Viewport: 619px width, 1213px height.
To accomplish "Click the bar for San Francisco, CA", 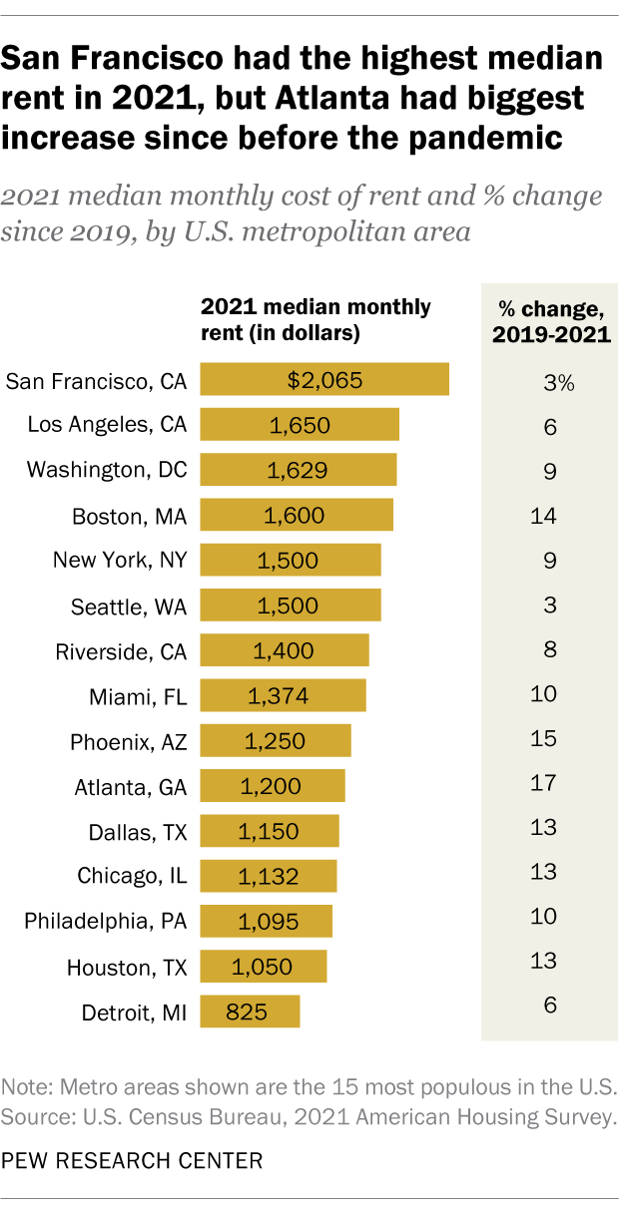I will [x=324, y=380].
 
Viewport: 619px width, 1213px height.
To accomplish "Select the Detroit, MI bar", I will [x=250, y=1011].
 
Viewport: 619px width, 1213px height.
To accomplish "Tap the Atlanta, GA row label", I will [x=130, y=787].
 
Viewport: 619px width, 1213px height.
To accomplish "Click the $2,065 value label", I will [x=324, y=380].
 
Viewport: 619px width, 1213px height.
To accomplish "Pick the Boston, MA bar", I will [x=297, y=516].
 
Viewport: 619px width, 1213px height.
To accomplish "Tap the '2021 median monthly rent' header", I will [x=316, y=319].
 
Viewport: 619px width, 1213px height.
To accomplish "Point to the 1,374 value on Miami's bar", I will [x=282, y=695].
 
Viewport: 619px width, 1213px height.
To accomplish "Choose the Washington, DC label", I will [x=107, y=469].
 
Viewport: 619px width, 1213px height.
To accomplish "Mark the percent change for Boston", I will [x=543, y=516].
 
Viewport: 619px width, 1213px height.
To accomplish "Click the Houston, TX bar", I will [x=264, y=967].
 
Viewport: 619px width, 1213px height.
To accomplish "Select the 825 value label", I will [x=247, y=1011].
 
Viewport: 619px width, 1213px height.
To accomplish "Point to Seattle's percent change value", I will [x=543, y=606].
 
